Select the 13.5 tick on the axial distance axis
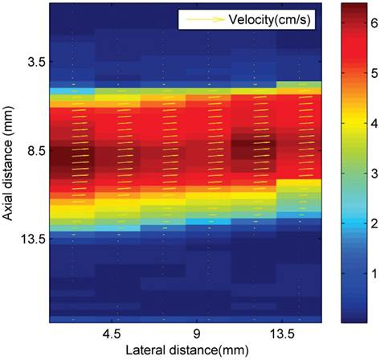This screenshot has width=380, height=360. (32, 239)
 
